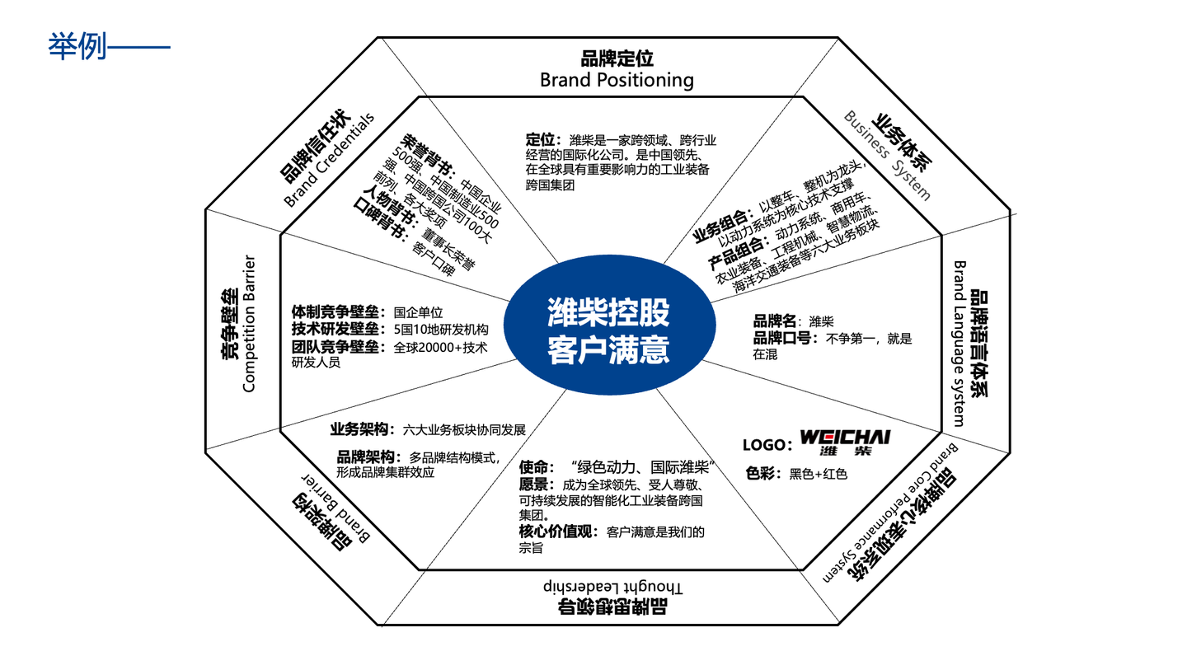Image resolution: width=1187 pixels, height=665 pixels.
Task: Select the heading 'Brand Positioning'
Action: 617,80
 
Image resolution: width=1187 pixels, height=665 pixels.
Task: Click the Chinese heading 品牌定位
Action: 617,59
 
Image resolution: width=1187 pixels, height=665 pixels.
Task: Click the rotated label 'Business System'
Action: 887,155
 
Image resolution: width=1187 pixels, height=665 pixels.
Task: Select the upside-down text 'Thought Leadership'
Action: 614,587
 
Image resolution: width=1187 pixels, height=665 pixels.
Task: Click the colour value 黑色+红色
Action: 818,474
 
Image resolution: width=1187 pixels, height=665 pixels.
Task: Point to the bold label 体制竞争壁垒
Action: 339,312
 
